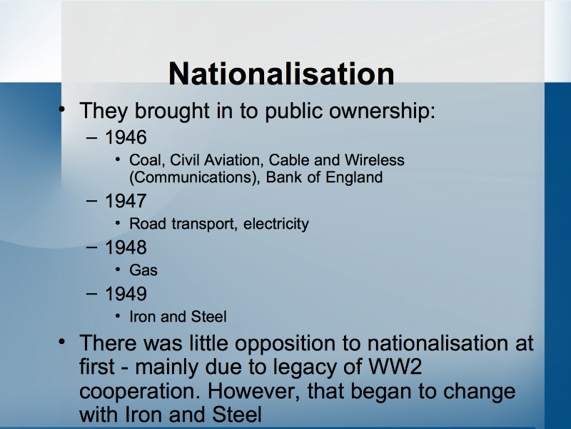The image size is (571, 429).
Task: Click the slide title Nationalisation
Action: coord(281,74)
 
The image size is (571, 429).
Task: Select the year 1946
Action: coord(126,137)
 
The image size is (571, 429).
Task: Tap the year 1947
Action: coord(126,201)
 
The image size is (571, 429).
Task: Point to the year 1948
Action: coord(126,247)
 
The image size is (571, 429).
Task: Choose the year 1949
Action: coord(126,294)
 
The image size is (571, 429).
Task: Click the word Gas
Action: coord(143,270)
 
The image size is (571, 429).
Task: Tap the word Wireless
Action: coord(374,160)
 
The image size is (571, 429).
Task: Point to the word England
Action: coord(354,177)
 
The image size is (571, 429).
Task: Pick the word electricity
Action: coord(276,224)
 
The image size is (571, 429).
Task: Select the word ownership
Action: coord(382,111)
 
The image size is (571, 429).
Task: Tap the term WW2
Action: coord(395,366)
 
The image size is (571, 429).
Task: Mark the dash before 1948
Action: coord(92,247)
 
